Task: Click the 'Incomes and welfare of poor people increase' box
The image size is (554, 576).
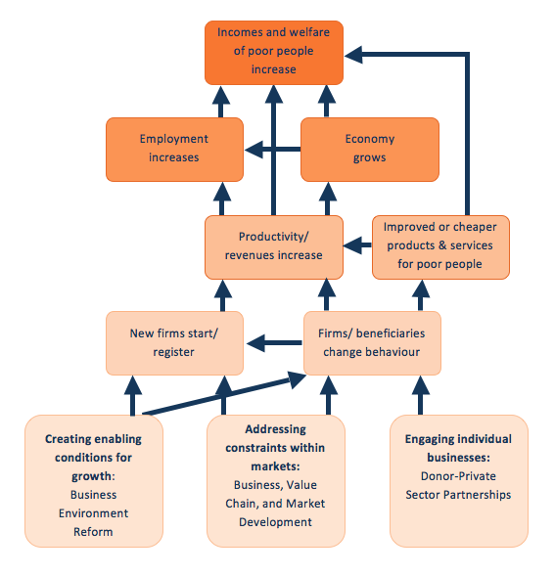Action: [274, 53]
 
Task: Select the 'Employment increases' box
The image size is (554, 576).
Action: [174, 150]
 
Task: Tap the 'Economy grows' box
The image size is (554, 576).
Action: [370, 150]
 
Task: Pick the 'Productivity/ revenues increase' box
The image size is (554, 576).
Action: [274, 247]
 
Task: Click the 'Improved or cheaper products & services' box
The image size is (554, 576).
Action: [440, 247]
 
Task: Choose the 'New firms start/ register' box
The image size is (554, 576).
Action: [174, 343]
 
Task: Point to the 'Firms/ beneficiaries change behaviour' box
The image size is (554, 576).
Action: [372, 343]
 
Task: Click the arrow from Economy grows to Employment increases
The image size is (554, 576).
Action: [272, 150]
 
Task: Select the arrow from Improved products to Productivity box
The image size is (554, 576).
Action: [357, 244]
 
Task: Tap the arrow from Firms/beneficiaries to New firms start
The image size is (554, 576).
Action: [274, 342]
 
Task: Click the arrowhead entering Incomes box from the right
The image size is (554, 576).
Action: [353, 55]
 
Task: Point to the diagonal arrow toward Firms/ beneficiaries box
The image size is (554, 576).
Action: [224, 394]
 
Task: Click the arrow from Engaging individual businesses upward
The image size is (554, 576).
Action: [421, 395]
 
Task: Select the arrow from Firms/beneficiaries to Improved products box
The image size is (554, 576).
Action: [421, 295]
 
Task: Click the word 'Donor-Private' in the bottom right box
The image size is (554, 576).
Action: [458, 476]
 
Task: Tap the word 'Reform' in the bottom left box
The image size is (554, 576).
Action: [93, 532]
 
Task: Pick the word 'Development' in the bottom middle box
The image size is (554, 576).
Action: [275, 522]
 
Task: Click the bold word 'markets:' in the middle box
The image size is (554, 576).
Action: [275, 466]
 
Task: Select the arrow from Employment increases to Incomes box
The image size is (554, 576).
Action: [221, 102]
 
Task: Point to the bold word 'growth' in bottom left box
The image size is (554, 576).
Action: [92, 476]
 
